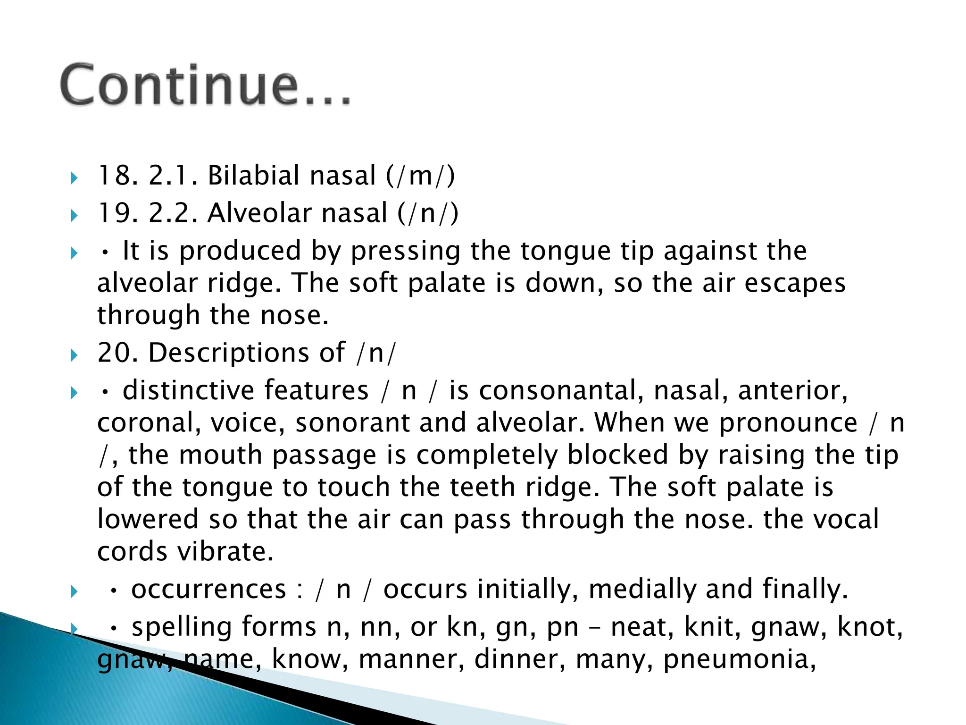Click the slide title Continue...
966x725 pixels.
pyautogui.click(x=206, y=85)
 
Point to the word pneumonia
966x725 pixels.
pyautogui.click(x=739, y=659)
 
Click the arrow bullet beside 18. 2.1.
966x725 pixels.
pyautogui.click(x=74, y=178)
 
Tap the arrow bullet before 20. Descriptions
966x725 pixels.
pyautogui.click(x=74, y=355)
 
